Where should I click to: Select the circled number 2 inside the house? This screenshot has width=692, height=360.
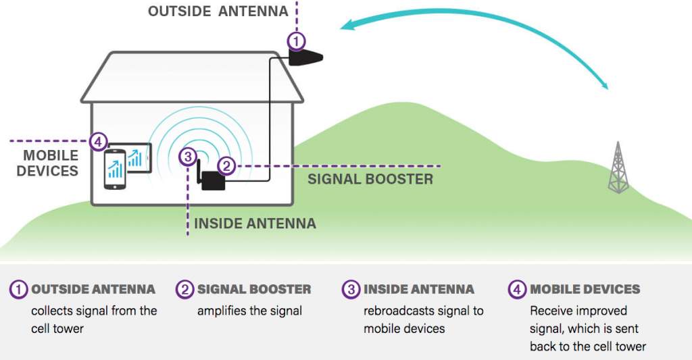227,165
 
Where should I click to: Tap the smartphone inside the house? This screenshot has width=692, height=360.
114,170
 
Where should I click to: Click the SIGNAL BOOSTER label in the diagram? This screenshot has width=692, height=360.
370,180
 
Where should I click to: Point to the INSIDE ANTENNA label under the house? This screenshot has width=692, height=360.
255,224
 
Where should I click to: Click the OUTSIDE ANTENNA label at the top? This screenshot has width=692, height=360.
218,11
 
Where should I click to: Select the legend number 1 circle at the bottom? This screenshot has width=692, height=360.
19,290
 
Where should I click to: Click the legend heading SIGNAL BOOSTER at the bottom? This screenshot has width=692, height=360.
254,290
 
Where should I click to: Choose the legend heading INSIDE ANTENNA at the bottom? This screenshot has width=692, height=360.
419,290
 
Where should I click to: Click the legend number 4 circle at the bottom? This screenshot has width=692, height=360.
517,290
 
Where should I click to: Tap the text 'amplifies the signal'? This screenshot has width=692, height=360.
249,311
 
